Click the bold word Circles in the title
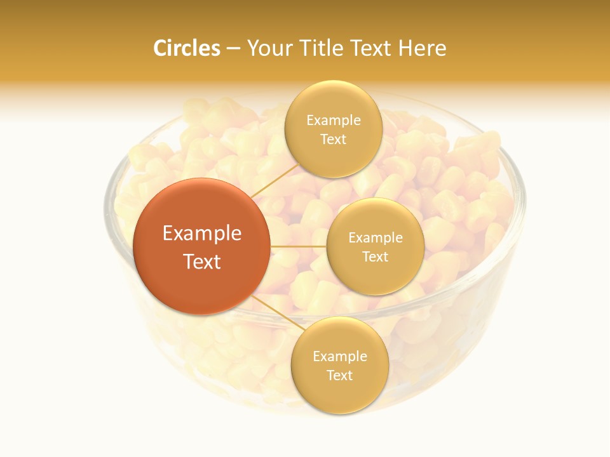[186, 48]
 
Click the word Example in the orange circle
[202, 234]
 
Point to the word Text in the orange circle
[202, 262]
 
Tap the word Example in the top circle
[334, 121]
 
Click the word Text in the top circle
[333, 139]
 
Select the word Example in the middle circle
[376, 238]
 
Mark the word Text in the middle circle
[375, 256]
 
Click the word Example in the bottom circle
[340, 357]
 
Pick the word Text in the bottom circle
[339, 375]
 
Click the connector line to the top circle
[274, 180]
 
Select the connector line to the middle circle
[299, 246]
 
